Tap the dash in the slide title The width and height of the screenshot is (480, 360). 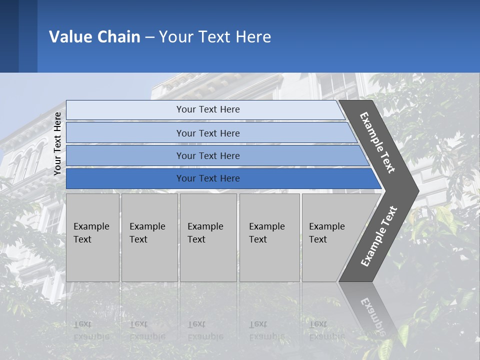[x=149, y=37]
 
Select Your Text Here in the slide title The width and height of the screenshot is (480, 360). [x=215, y=37]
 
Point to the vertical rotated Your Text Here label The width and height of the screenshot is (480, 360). [x=57, y=144]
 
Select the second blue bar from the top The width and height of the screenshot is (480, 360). [x=207, y=133]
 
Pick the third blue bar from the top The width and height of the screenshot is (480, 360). [x=207, y=155]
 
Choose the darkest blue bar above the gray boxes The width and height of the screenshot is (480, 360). [x=207, y=178]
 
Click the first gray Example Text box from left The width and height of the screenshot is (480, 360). [x=92, y=237]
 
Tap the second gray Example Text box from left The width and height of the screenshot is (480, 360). [x=149, y=237]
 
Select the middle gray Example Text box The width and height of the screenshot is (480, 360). [x=208, y=237]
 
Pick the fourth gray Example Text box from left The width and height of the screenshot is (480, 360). [x=269, y=237]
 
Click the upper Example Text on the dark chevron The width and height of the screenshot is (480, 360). [x=377, y=142]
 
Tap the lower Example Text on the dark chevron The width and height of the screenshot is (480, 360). [x=378, y=236]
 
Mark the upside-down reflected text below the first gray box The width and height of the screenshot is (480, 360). [x=91, y=330]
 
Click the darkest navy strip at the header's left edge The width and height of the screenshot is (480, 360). [x=9, y=36]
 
